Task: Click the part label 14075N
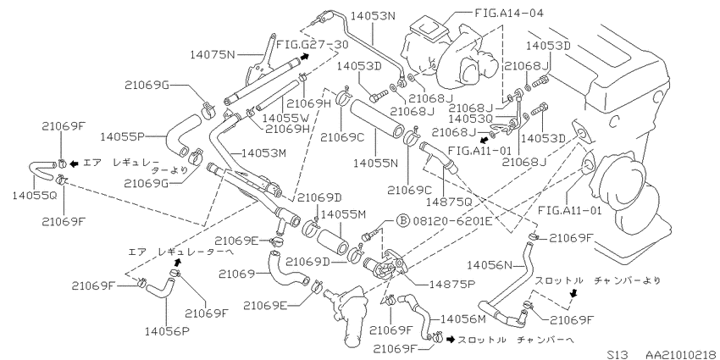coord(212,55)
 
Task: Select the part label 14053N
coord(373,16)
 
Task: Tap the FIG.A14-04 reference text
coord(509,13)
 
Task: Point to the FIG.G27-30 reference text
coord(312,45)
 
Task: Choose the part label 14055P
coord(123,136)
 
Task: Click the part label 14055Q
coord(35,195)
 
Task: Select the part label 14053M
coord(263,153)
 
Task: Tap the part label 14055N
coord(375,163)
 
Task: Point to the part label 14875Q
coord(449,202)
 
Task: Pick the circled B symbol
coord(402,222)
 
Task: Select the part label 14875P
coord(451,285)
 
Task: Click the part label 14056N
coord(489,265)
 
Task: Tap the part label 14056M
coord(462,319)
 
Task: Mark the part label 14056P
coord(167,330)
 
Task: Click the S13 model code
coord(617,354)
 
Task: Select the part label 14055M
coord(343,214)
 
